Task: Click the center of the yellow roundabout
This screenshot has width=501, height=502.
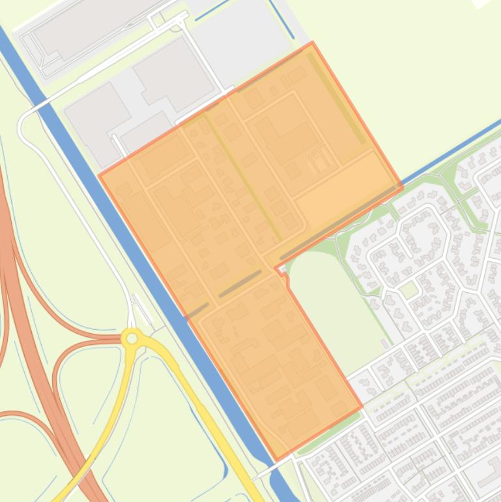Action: click(x=132, y=338)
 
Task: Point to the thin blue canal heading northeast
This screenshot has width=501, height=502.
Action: click(x=450, y=149)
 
